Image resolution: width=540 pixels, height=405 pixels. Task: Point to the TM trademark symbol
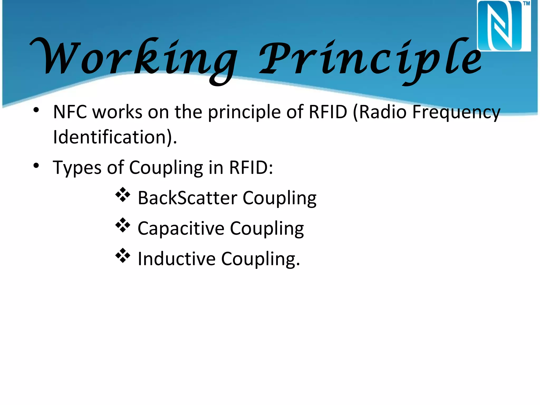(526, 3)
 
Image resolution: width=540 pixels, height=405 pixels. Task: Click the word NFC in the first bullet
(70, 112)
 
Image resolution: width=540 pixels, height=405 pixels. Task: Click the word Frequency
(456, 112)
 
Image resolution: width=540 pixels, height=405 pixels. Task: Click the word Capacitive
(181, 228)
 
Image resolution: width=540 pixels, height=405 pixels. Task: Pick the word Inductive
(177, 259)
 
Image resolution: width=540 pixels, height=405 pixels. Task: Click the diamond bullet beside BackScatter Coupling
(123, 195)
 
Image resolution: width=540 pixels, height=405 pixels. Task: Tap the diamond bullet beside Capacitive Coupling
(123, 225)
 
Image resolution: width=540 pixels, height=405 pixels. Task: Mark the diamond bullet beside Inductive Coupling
(123, 255)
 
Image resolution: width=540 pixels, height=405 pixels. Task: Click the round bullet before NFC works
(36, 110)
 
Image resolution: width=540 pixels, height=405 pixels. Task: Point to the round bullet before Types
(36, 166)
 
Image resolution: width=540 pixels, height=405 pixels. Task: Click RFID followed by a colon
(250, 167)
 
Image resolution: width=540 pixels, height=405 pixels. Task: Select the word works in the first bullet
(118, 112)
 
